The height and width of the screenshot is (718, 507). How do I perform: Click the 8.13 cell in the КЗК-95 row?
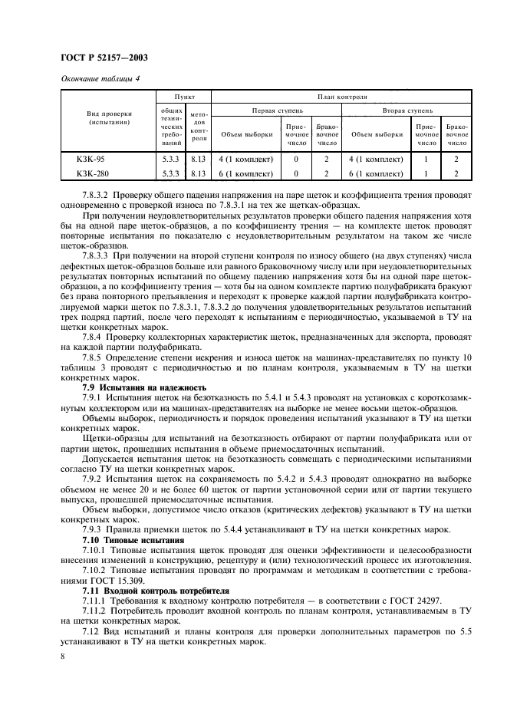click(199, 160)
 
